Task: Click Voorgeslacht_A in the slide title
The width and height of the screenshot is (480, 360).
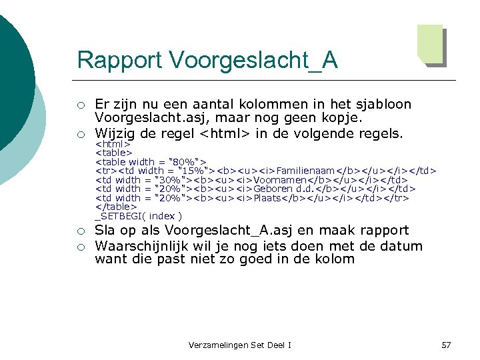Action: pos(253,60)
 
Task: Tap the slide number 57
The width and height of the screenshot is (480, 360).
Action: pos(446,345)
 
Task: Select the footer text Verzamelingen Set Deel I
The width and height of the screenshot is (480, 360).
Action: pos(240,345)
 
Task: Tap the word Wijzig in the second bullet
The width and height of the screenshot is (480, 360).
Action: pos(114,133)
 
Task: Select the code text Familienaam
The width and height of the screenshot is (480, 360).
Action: pos(308,171)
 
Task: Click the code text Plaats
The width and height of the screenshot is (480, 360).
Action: pos(269,198)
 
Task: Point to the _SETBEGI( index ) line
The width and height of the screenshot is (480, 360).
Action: pos(139,216)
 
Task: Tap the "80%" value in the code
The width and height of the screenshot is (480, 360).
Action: pos(186,162)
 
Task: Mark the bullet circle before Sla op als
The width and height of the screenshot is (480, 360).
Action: pos(81,231)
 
